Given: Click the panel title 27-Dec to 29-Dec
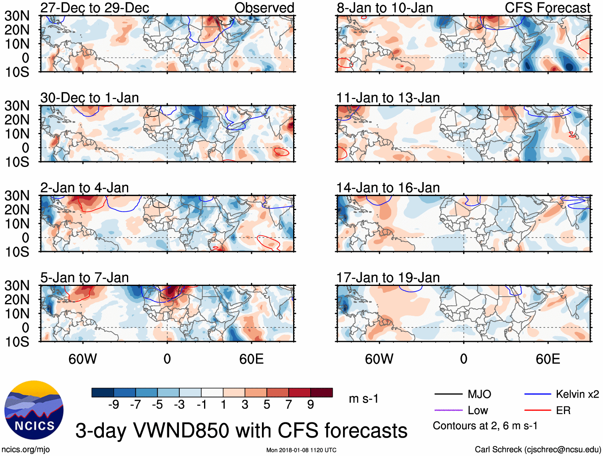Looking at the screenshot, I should tap(95, 8).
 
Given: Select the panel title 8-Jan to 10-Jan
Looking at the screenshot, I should tap(385, 8).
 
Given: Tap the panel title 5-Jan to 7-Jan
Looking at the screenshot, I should tap(84, 278).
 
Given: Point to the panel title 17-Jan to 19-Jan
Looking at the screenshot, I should tap(388, 278).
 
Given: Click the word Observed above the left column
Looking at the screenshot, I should tap(264, 8).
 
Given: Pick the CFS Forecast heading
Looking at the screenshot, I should tap(547, 8).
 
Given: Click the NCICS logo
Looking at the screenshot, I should tap(34, 410).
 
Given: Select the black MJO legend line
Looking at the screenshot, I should tap(448, 395).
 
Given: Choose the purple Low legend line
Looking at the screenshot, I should tap(448, 410).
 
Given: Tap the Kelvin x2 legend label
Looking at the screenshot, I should tap(577, 395).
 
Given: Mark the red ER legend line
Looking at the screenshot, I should tap(538, 410).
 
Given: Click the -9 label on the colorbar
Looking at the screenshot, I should tap(113, 405).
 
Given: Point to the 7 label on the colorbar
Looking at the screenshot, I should tap(289, 405).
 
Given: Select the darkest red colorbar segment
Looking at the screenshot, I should tap(321, 393).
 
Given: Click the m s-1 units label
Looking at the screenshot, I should tap(363, 399).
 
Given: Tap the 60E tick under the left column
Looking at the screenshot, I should tap(251, 359).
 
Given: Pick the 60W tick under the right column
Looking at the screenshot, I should tap(379, 359).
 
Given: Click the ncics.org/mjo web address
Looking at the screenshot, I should tap(26, 450).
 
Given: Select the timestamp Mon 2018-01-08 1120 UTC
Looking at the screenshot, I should tap(301, 450).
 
